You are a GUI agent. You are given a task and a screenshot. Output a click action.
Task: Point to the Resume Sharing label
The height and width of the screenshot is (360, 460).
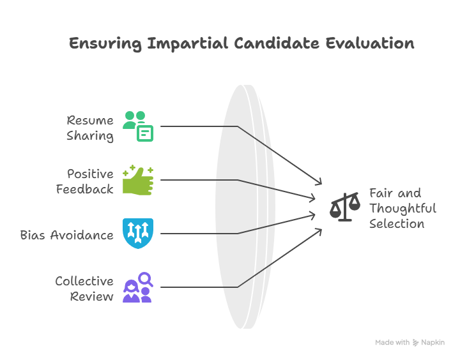tap(90, 128)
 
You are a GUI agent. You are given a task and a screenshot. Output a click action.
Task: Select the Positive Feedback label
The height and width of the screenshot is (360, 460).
tap(85, 181)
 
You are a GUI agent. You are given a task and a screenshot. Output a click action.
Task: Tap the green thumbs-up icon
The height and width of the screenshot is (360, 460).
tap(138, 180)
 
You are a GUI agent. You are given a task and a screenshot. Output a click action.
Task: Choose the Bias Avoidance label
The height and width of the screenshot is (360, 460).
tap(67, 235)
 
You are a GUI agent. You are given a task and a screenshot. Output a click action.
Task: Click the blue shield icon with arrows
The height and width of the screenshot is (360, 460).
tap(138, 233)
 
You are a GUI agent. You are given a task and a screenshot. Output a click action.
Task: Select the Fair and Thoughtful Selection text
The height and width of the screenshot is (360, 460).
tap(402, 208)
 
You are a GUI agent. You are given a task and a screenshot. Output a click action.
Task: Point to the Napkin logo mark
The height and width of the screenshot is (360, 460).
tap(416, 343)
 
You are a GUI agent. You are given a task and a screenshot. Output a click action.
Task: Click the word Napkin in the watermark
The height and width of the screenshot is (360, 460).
tap(433, 343)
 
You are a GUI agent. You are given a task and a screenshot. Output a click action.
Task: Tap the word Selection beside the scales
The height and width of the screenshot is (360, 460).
tap(396, 224)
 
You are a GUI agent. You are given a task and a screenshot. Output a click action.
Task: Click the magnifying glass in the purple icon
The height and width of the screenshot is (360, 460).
tap(146, 278)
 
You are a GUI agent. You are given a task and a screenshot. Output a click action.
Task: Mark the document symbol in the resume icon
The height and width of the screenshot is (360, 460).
tap(146, 133)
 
